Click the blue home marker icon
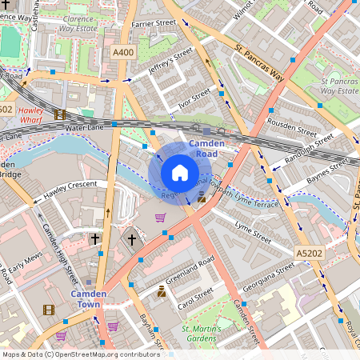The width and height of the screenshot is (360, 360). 180,172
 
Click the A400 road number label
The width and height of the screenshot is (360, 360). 123,53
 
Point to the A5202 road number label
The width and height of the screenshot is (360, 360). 309,253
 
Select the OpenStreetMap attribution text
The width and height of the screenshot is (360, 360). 80,354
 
